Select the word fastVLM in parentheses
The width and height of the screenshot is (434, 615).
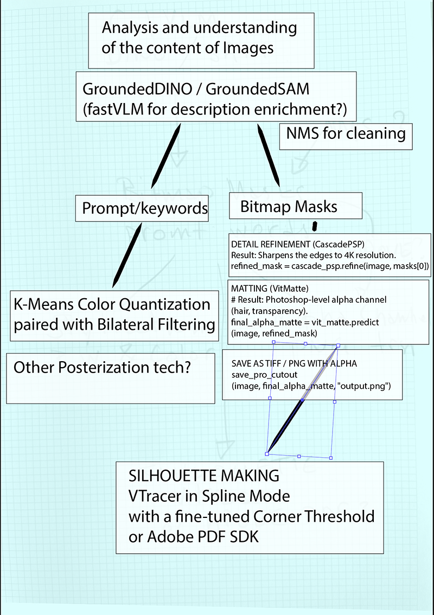coord(111,109)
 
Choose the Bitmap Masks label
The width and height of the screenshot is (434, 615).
coord(289,206)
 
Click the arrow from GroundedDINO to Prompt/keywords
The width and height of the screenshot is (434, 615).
coord(165,155)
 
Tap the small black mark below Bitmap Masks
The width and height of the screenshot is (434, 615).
coord(314,225)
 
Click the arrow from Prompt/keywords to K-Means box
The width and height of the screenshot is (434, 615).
coord(127,255)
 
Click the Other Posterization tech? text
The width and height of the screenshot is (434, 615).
coord(101,368)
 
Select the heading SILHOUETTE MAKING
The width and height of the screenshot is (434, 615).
coord(203,476)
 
